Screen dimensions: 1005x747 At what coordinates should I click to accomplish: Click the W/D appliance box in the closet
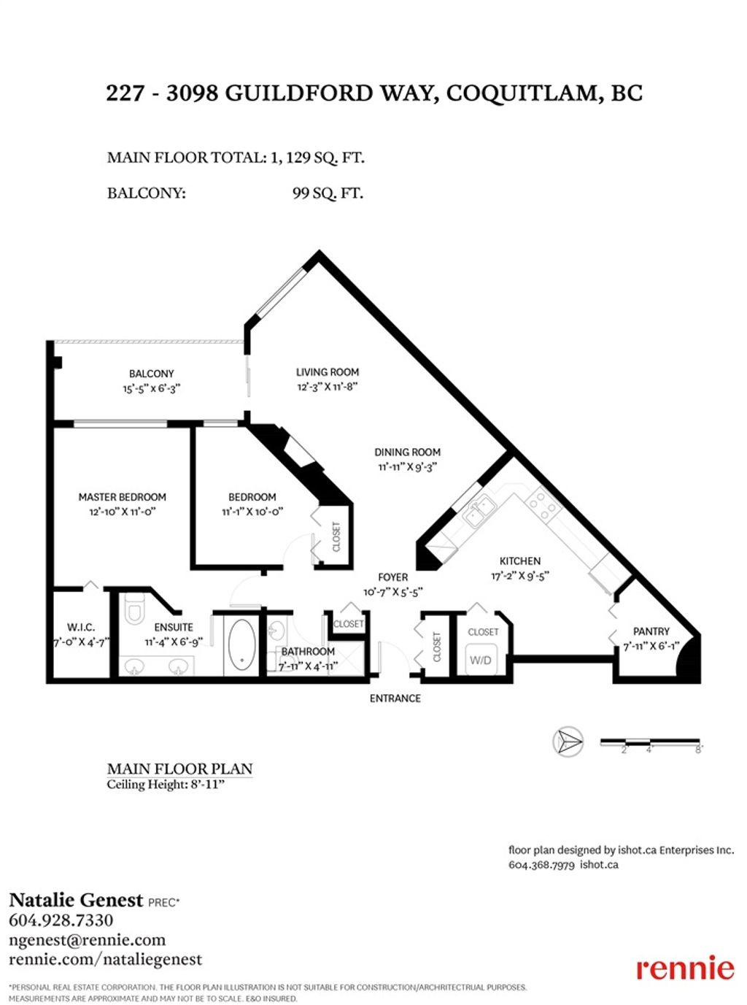point(481,660)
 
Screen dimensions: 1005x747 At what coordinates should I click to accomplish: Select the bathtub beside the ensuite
point(241,645)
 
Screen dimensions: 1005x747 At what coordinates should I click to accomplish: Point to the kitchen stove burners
point(543,503)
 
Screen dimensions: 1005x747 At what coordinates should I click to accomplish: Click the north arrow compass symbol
point(568,742)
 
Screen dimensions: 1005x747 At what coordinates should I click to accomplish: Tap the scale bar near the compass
point(650,743)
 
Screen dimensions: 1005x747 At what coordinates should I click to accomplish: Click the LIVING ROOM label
point(328,371)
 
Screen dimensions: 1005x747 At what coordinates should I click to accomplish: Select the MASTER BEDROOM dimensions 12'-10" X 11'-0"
point(123,512)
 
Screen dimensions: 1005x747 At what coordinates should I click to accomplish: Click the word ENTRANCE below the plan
point(395,698)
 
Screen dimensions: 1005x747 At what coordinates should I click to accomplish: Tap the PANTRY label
point(651,631)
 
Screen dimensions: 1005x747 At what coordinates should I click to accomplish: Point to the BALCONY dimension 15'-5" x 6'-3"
point(151,388)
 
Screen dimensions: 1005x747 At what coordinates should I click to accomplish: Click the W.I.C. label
point(80,627)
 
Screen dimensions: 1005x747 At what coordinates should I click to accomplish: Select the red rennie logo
point(685,968)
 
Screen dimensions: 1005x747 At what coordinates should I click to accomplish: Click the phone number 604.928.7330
point(61,920)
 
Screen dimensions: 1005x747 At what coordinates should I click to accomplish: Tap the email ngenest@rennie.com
point(87,940)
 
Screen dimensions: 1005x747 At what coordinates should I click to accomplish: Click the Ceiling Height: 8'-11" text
point(166,785)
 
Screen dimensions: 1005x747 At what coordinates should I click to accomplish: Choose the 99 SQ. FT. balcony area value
point(328,193)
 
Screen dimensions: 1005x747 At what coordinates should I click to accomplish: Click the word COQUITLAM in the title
point(521,93)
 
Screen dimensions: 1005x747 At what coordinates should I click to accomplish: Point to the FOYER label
point(392,577)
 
